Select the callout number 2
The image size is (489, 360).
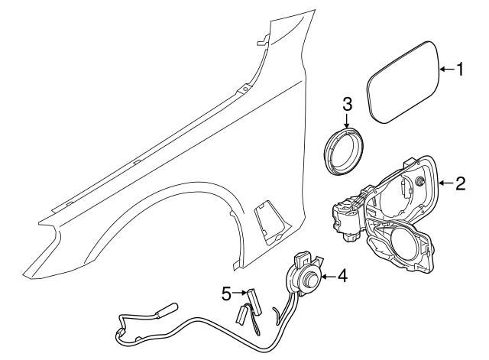(461, 183)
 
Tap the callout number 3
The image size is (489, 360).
(346, 103)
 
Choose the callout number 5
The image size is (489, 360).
(226, 292)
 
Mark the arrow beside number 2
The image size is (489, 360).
(447, 183)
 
